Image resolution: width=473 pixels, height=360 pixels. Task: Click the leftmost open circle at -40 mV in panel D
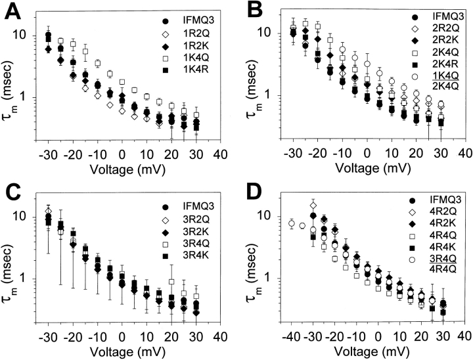pos(292,224)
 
